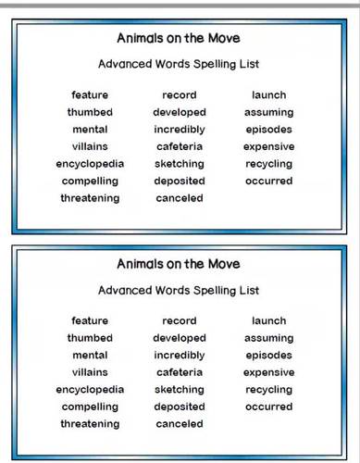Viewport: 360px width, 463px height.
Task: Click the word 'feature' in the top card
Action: click(90, 94)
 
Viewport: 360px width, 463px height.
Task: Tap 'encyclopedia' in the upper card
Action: click(90, 164)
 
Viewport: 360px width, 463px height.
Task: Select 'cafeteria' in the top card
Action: click(180, 146)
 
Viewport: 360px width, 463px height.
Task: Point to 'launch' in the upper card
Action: click(269, 94)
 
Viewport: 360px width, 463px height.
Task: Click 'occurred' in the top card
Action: click(269, 181)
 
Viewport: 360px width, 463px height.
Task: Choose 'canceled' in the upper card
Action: click(180, 198)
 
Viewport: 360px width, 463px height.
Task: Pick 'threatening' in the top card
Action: click(90, 198)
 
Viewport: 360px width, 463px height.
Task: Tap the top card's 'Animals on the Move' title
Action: click(179, 39)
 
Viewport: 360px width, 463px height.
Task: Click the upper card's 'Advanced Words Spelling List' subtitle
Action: click(179, 65)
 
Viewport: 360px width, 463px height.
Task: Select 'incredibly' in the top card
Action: click(180, 130)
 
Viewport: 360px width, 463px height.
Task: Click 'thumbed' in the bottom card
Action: click(90, 338)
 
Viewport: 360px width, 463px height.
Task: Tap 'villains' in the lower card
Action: click(90, 372)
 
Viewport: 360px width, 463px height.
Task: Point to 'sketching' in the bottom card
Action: click(180, 390)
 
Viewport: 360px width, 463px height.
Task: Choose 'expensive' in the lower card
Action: click(269, 372)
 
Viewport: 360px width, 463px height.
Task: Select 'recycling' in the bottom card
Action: click(269, 390)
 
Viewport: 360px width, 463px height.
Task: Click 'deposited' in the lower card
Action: click(180, 407)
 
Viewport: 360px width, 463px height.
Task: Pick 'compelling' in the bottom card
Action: click(90, 407)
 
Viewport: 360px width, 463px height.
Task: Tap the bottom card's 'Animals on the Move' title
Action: click(179, 265)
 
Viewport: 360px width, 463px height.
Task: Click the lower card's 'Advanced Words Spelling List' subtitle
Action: click(179, 291)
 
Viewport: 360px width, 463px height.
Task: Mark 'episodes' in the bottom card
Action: click(269, 356)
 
